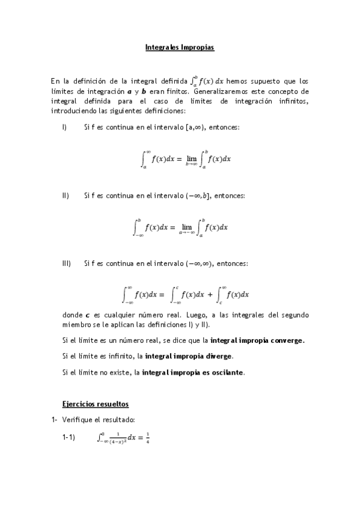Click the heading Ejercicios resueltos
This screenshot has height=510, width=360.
96,403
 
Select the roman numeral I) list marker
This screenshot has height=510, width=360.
64,127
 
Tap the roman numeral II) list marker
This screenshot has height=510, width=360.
66,195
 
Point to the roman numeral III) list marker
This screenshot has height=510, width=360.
67,263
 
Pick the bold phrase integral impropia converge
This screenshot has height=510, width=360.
258,340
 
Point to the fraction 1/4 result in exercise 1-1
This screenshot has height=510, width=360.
147,438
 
